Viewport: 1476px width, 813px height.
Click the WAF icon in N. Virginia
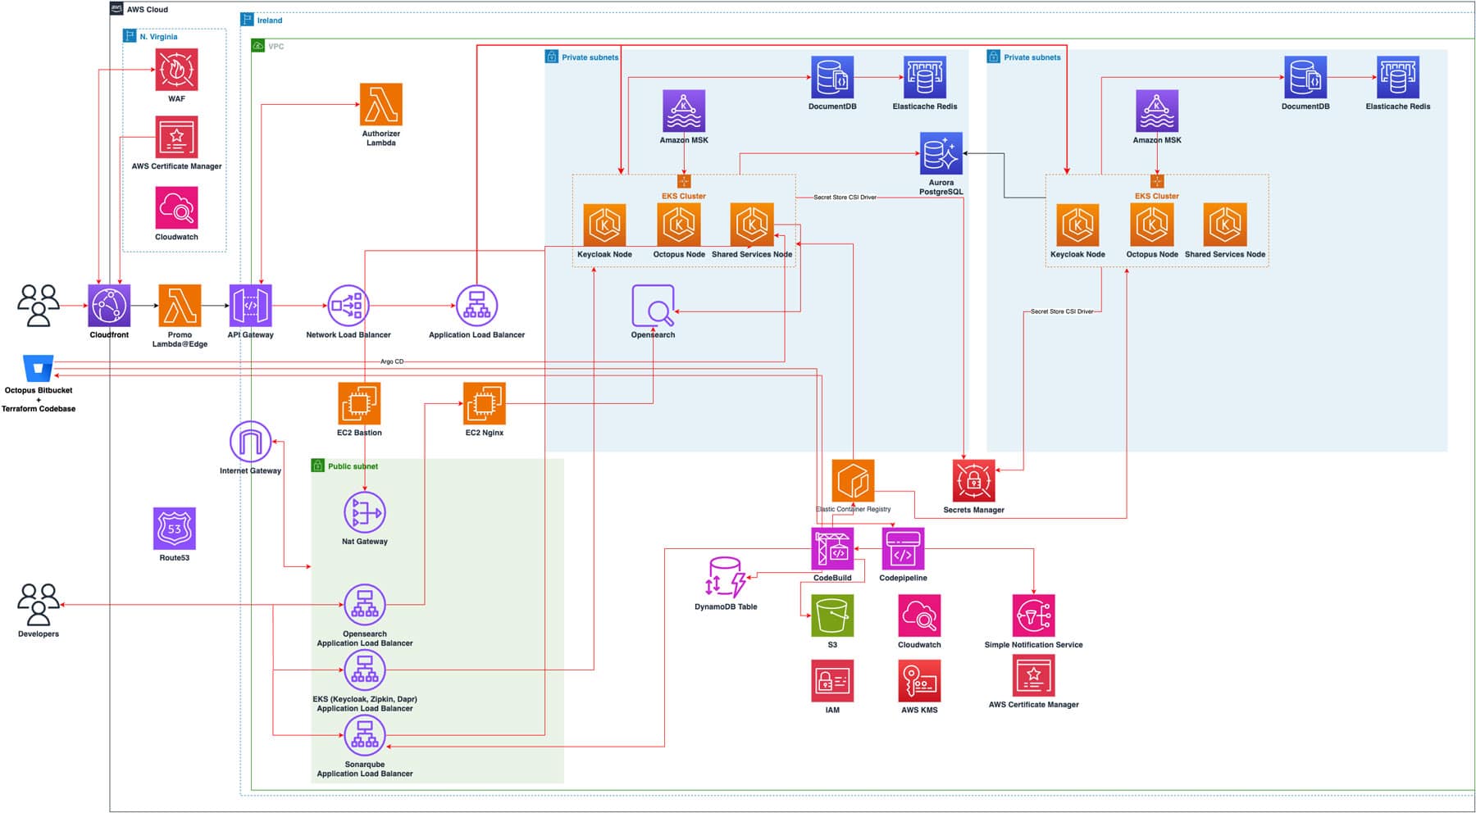pyautogui.click(x=176, y=70)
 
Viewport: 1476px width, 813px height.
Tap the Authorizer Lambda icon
pyautogui.click(x=381, y=104)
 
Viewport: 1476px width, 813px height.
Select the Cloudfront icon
pyautogui.click(x=109, y=306)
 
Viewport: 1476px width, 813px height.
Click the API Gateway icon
pyautogui.click(x=251, y=306)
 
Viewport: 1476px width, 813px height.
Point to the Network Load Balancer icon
pyautogui.click(x=348, y=306)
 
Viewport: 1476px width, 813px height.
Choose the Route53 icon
pyautogui.click(x=175, y=529)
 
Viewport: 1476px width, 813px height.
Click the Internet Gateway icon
pyautogui.click(x=250, y=443)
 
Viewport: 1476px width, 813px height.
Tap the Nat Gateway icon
pyautogui.click(x=365, y=512)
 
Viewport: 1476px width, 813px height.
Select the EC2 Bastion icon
pyautogui.click(x=359, y=403)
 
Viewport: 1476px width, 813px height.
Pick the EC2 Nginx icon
pyautogui.click(x=485, y=403)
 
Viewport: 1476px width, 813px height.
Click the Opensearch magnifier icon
pyautogui.click(x=654, y=306)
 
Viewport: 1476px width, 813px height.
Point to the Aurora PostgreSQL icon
pyautogui.click(x=941, y=153)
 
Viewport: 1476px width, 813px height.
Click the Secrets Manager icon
pyautogui.click(x=973, y=480)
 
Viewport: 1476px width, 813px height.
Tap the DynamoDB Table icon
pyautogui.click(x=726, y=578)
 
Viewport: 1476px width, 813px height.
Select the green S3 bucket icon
pyautogui.click(x=832, y=615)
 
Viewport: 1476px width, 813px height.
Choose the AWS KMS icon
pyautogui.click(x=919, y=680)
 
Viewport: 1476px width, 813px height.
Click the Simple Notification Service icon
pyautogui.click(x=1034, y=615)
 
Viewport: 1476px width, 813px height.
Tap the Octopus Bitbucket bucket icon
pyautogui.click(x=39, y=368)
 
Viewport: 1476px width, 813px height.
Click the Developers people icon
pyautogui.click(x=39, y=604)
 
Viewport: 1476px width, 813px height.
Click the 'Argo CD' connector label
pyautogui.click(x=392, y=361)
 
